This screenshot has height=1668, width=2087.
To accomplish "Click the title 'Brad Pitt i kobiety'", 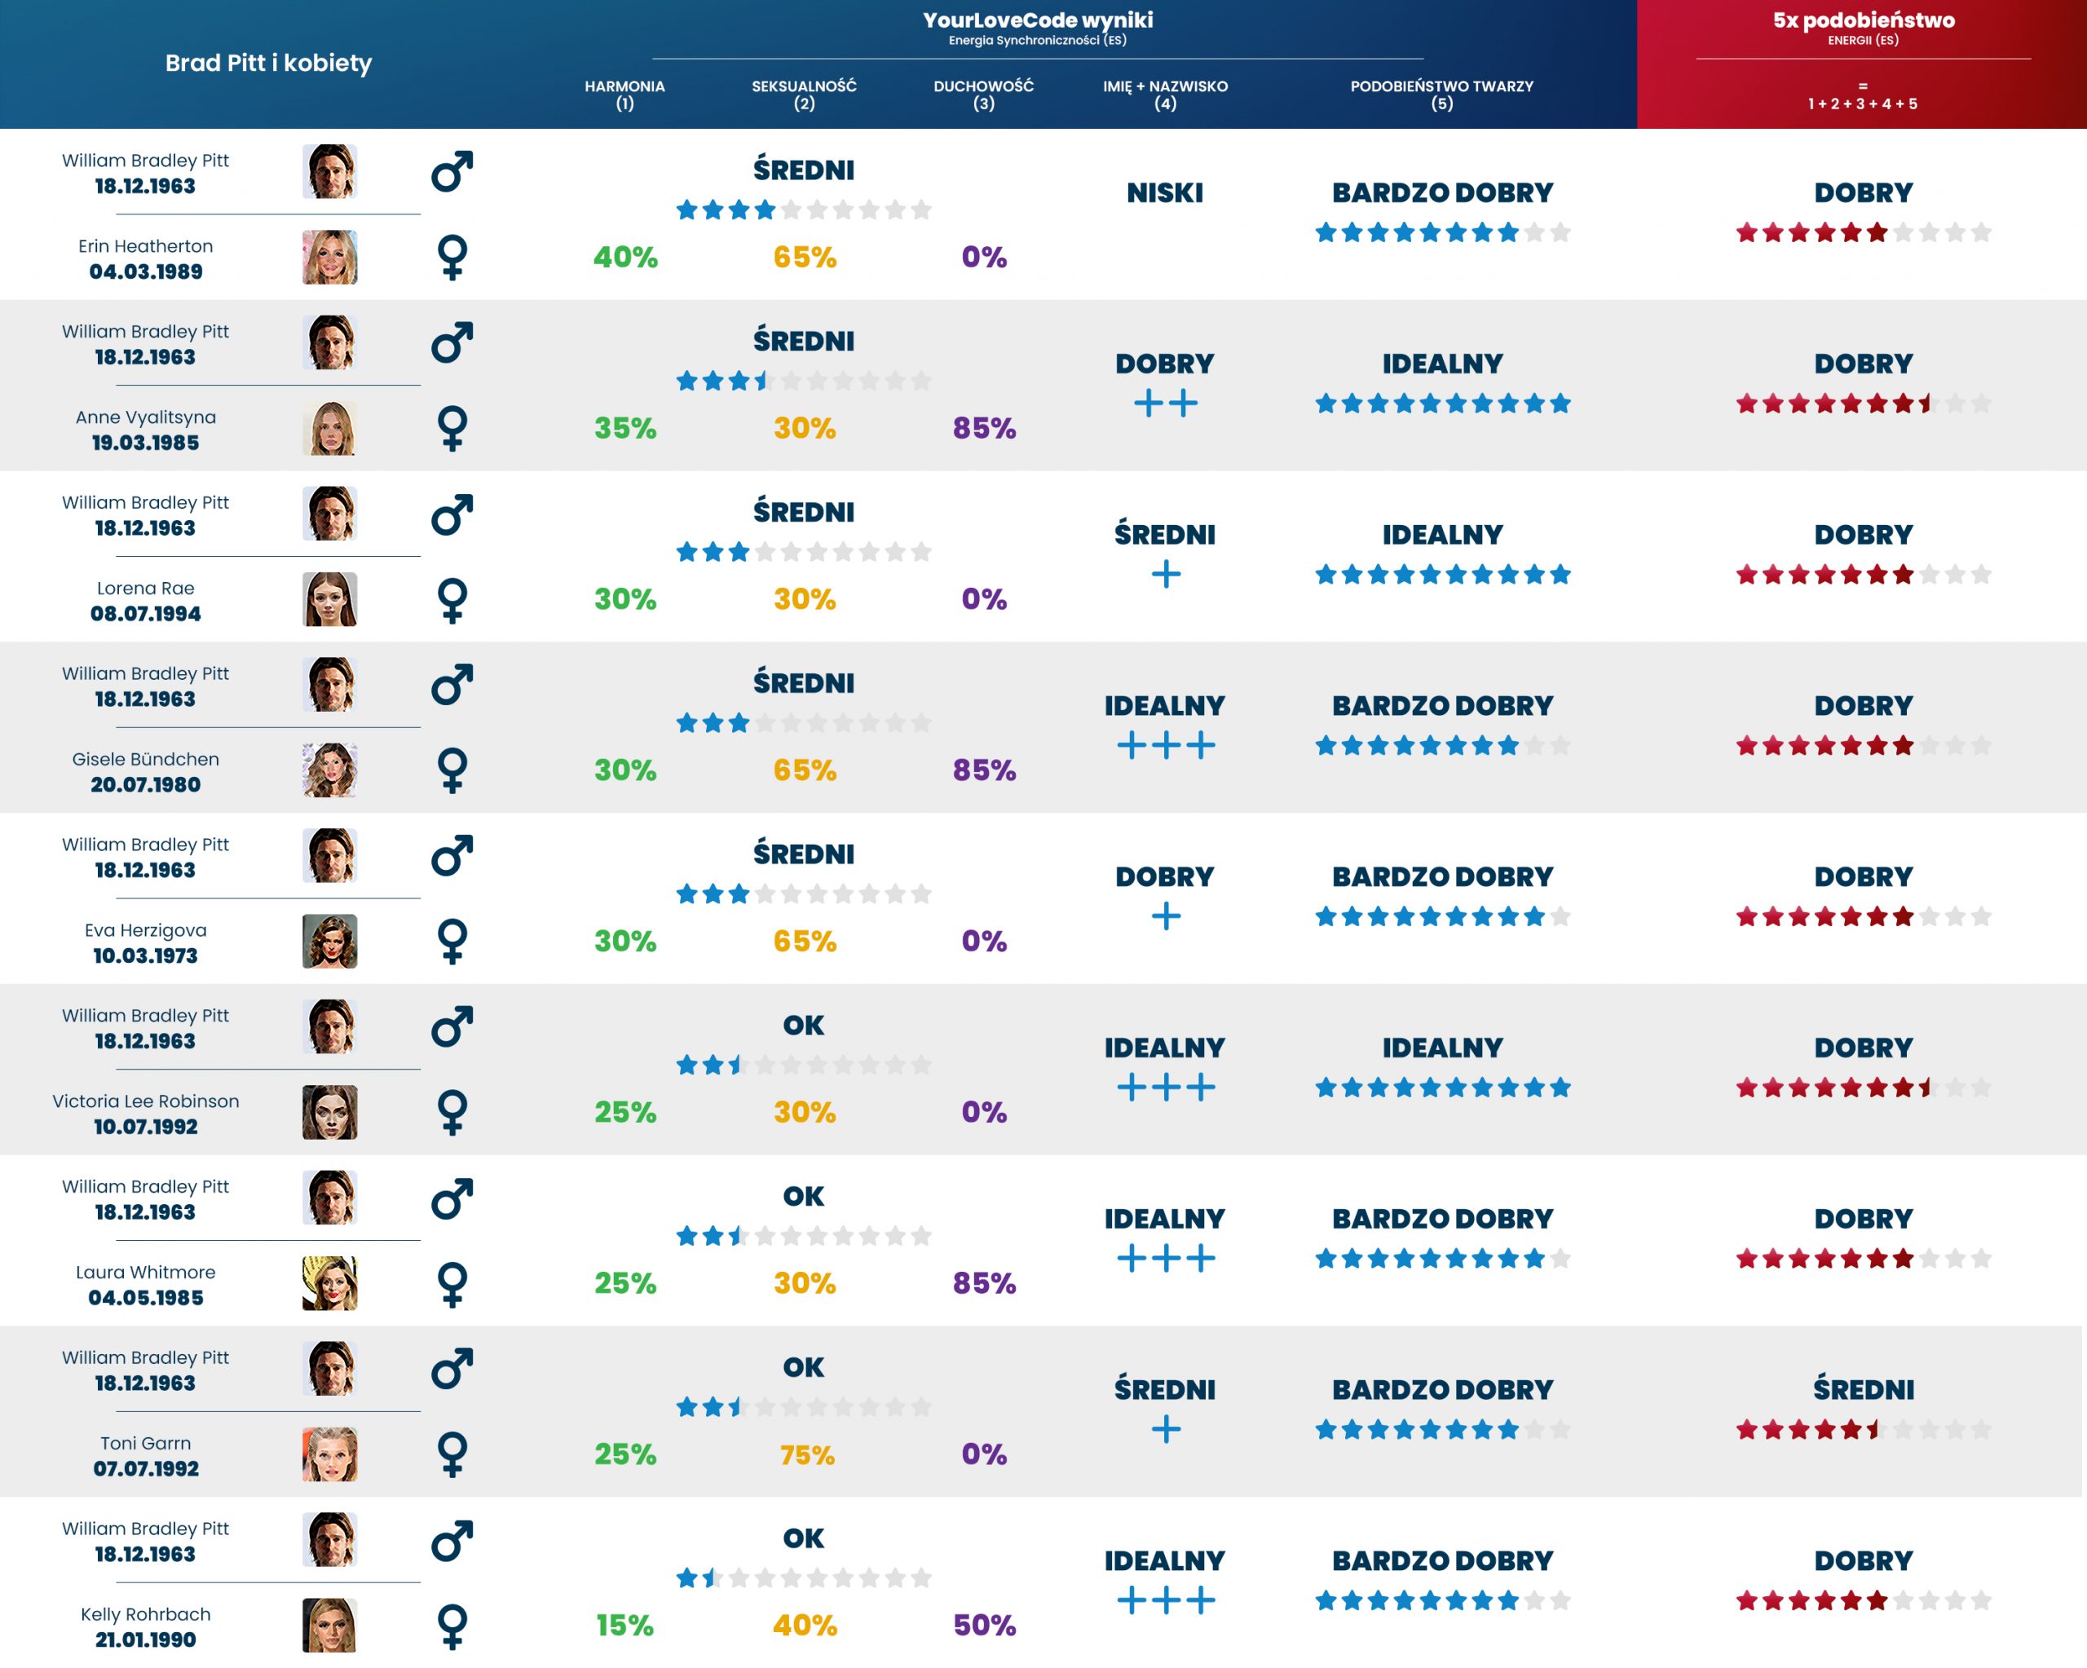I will tap(268, 63).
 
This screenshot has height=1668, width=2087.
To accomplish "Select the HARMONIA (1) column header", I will tap(624, 94).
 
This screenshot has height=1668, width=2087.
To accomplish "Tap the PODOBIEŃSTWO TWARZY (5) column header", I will tap(1441, 94).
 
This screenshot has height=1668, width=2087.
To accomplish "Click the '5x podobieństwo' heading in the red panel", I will tap(1863, 20).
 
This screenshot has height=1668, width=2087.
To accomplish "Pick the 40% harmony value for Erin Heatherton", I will tap(625, 257).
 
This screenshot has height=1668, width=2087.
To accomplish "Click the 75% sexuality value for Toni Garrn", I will tap(806, 1454).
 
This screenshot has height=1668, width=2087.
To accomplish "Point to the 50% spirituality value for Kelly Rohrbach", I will tap(983, 1625).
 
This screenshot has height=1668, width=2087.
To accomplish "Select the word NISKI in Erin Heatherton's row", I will tap(1164, 192).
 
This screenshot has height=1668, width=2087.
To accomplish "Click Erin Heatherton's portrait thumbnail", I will tap(329, 258).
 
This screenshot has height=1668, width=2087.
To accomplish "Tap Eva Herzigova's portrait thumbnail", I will tap(329, 941).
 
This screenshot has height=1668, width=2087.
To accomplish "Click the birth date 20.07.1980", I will tap(145, 784).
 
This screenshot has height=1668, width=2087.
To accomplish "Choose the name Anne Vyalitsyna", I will tap(145, 417).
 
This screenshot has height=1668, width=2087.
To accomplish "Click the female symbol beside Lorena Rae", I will tap(452, 600).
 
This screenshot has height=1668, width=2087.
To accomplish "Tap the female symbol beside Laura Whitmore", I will tap(452, 1284).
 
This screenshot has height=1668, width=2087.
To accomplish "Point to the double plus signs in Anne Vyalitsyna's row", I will tap(1166, 403).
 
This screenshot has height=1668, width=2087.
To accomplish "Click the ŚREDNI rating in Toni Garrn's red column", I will tap(1863, 1389).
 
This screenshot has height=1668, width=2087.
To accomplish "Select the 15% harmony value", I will tap(624, 1625).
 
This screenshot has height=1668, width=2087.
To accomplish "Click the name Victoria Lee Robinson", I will tap(145, 1101).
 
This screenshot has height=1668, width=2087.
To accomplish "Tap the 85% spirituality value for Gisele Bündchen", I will tap(983, 770).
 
